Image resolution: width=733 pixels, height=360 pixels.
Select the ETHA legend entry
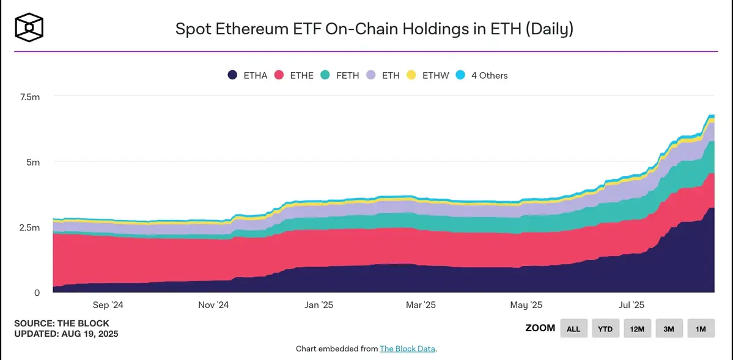coord(247,75)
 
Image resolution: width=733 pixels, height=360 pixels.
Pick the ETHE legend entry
coord(294,75)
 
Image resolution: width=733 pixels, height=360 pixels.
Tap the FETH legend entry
coord(341,75)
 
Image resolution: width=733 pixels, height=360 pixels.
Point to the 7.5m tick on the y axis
coord(29,97)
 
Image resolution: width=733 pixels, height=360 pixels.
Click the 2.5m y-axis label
coord(29,227)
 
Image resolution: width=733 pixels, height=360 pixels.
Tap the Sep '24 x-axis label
coord(108,304)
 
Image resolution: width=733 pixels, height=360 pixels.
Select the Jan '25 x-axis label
coord(319,304)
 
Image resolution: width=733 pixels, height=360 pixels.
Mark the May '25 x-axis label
coord(526,304)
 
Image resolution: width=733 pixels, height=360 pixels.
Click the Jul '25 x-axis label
coord(631,304)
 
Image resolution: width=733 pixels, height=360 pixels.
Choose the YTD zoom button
coord(605,328)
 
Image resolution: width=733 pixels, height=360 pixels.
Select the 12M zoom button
coord(637,328)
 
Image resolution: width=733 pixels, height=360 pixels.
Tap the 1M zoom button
coord(701,328)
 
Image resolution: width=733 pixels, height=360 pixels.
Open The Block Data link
coord(408,348)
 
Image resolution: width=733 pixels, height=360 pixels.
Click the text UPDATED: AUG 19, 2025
coord(66,334)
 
